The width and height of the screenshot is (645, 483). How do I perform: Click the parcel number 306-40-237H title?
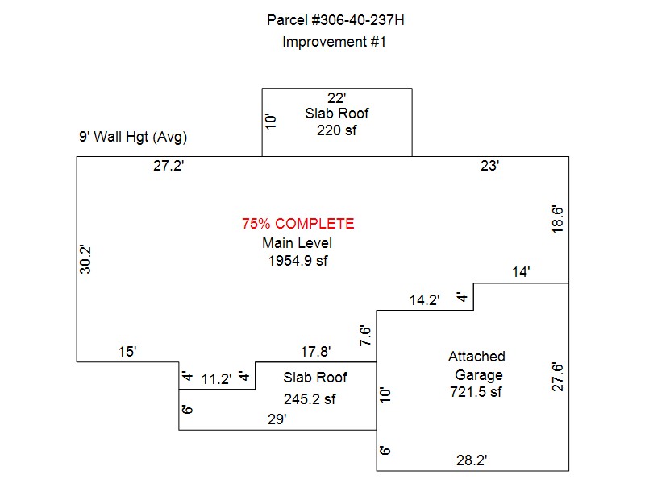tap(335, 19)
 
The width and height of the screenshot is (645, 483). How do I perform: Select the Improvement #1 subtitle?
tap(335, 42)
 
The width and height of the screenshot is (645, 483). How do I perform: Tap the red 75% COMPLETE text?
tap(298, 224)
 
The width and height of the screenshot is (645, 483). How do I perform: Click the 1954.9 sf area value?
tap(298, 261)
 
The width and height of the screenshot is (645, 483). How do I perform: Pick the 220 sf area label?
tap(337, 130)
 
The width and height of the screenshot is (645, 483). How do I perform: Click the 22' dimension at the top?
tap(336, 98)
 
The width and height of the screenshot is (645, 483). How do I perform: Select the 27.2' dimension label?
tap(170, 167)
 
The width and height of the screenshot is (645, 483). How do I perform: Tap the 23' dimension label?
tap(490, 167)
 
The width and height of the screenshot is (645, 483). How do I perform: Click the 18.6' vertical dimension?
tap(556, 219)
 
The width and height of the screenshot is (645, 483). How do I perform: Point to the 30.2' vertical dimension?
tap(86, 259)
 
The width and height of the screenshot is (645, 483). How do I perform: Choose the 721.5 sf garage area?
tap(476, 392)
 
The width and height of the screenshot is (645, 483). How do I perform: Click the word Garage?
tap(478, 374)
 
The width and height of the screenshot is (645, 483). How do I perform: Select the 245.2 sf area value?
tap(310, 398)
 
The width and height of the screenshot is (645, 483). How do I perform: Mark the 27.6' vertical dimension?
tap(556, 377)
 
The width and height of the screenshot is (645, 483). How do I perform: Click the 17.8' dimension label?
tap(315, 352)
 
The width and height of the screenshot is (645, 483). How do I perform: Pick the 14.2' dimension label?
tap(425, 300)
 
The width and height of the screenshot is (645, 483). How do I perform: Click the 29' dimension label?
tap(276, 419)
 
